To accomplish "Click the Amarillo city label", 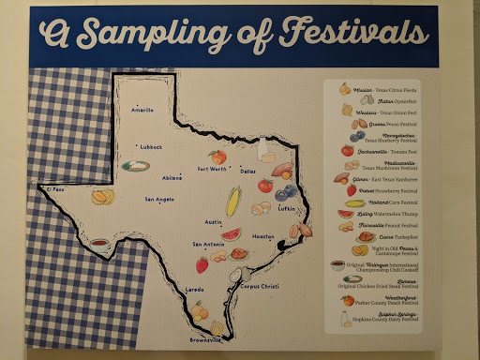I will tap(142, 110).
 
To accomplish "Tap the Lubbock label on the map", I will tap(150, 147).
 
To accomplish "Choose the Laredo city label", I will tap(194, 290).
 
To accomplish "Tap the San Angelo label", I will tap(159, 200).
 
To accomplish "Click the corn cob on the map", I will tap(234, 200).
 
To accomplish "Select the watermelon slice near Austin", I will tap(231, 234).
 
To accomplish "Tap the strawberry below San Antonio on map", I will tap(202, 264).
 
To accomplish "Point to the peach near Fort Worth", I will tap(217, 157).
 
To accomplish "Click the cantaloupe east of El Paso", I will tap(101, 197).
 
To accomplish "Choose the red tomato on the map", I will tap(265, 186).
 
